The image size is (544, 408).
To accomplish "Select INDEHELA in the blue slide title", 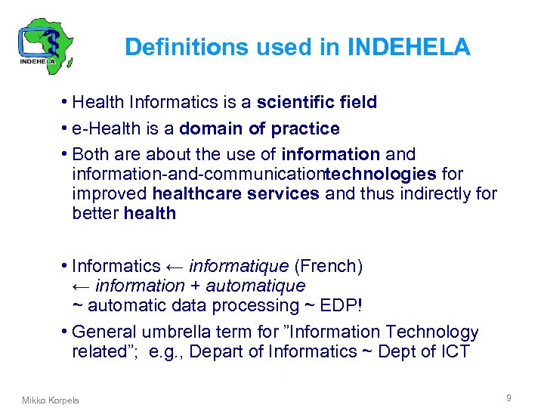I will tap(409, 48).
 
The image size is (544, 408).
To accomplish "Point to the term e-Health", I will tap(103, 128).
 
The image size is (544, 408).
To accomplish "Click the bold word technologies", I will tap(383, 174).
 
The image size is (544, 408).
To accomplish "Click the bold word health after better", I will tap(150, 213).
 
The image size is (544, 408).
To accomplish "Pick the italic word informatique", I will tap(238, 266).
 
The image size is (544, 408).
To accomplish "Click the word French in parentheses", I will tap(328, 266).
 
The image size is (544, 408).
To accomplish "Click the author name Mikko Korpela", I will tap(50, 400).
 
